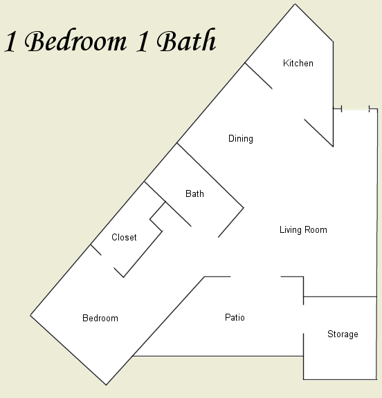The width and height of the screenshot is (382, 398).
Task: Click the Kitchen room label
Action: point(298,63)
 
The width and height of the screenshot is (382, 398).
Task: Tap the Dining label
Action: point(240,139)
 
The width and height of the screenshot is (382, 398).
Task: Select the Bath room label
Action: point(194,193)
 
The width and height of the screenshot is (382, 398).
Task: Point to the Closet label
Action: point(124,237)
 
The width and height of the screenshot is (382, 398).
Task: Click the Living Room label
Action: point(303,229)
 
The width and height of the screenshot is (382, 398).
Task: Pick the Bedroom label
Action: point(100,318)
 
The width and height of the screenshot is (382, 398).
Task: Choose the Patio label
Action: point(235,317)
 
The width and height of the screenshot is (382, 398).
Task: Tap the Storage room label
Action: point(343,334)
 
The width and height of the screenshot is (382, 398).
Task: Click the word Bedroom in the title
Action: point(75,41)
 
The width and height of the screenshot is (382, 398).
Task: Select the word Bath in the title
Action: point(186,40)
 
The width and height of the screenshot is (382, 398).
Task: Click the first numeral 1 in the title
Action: point(10,42)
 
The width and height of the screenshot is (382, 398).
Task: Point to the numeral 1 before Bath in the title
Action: point(142,42)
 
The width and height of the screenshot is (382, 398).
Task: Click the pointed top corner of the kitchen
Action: point(295,4)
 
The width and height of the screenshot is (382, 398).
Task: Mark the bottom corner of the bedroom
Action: point(107,385)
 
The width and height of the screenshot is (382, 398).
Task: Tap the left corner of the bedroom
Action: point(30,316)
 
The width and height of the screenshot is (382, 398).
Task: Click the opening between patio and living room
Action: point(255,276)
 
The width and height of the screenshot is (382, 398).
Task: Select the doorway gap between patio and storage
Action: point(303,319)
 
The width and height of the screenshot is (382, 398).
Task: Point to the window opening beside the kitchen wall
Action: point(355,109)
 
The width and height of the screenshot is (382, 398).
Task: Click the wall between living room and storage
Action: point(340,296)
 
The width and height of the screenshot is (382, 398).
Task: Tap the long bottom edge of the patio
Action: point(218,356)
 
